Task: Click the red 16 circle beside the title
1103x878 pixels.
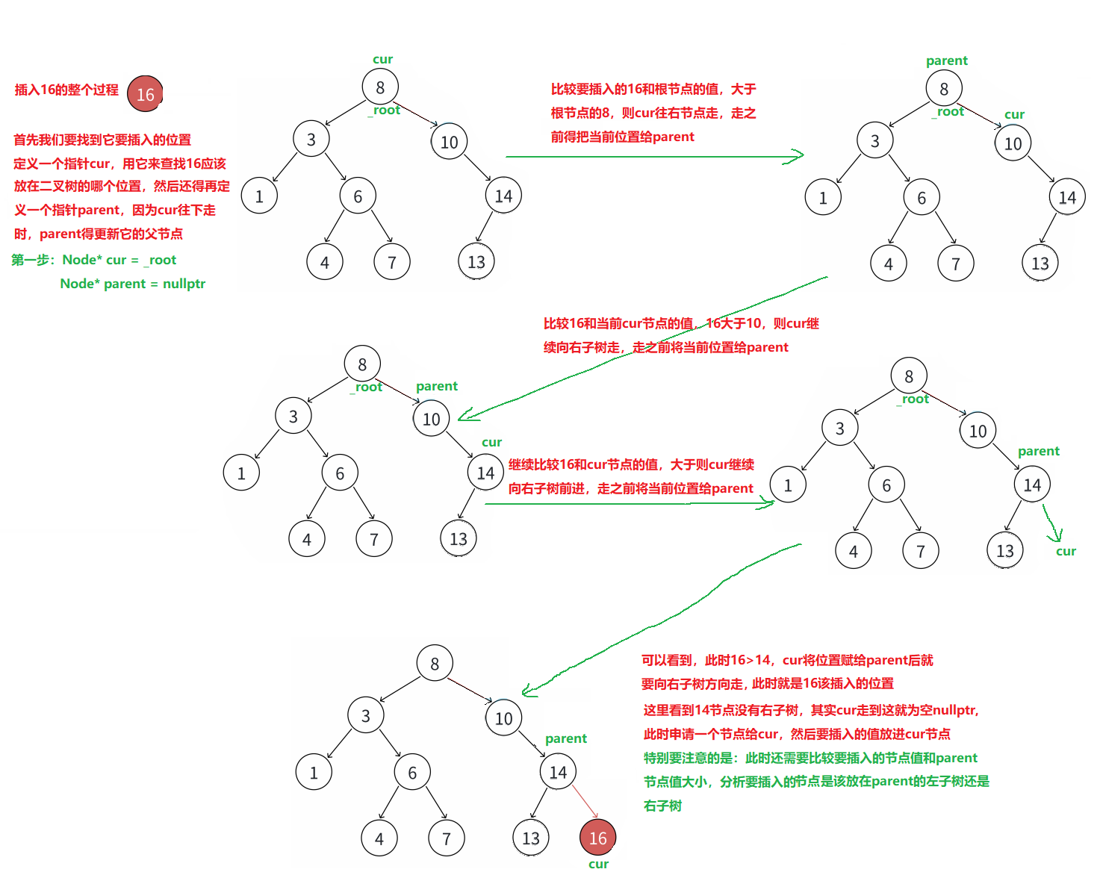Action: click(145, 94)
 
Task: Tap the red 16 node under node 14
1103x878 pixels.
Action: click(597, 838)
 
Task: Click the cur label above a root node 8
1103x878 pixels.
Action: click(382, 59)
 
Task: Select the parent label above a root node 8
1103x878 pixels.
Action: click(946, 60)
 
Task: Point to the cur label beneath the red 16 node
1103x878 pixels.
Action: click(598, 864)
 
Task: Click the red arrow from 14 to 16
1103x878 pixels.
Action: click(585, 801)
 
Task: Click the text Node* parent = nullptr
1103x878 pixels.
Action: click(132, 284)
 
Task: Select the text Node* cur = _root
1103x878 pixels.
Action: click(119, 260)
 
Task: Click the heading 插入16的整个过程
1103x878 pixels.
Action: click(66, 90)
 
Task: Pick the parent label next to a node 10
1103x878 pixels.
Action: click(437, 386)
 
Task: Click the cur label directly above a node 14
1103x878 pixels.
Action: click(491, 442)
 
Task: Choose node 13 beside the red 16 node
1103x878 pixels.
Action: click(531, 838)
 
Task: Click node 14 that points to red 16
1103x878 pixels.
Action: click(558, 772)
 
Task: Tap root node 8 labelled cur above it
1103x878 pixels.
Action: click(380, 87)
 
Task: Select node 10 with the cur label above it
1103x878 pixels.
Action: click(1013, 143)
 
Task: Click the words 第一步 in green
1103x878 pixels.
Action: click(31, 260)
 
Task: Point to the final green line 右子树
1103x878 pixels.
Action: click(662, 806)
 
